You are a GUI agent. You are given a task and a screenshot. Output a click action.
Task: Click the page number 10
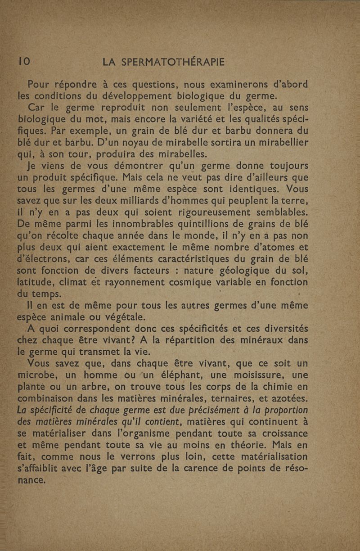23,62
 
